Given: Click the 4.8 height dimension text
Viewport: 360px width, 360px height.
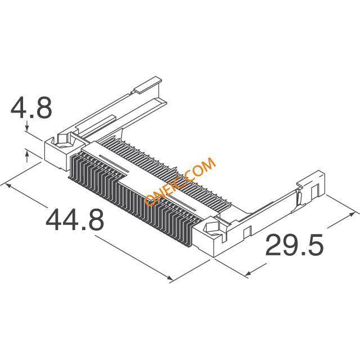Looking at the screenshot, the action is coord(31,108).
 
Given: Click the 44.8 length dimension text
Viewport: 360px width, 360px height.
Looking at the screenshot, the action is coord(75,220).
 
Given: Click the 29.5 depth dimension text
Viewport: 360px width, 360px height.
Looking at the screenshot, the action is coord(295,245).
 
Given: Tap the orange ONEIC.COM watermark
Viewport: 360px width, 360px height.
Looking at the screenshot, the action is coord(180,181).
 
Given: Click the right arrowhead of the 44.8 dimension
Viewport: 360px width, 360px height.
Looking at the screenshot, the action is coord(169,278).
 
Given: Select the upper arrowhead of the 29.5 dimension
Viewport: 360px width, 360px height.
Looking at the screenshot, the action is coord(350,215).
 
